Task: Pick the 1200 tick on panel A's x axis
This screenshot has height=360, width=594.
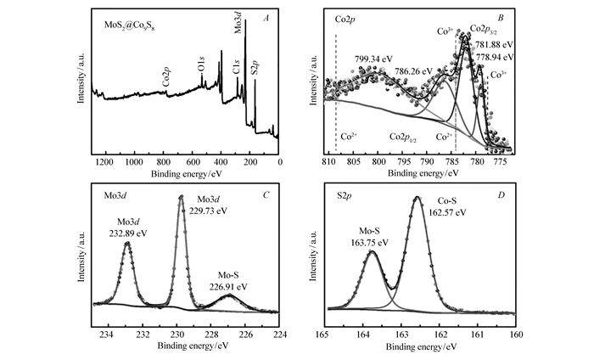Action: tap(104, 160)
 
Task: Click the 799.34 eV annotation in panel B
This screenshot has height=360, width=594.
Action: tap(374, 60)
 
